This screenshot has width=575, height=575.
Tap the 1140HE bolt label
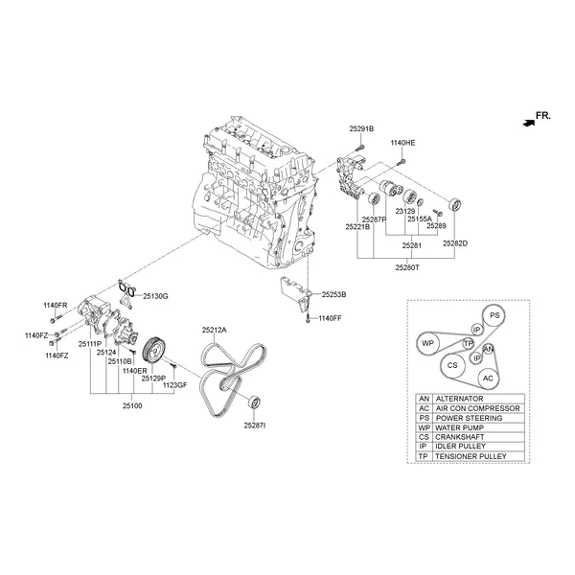pos(402,142)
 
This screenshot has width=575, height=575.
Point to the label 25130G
pos(155,296)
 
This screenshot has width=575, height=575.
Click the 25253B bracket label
pos(333,295)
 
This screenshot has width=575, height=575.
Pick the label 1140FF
pos(330,318)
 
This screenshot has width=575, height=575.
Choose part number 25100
pos(132,406)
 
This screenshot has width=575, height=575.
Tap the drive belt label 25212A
pos(214,330)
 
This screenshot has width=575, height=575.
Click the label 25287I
pos(255,424)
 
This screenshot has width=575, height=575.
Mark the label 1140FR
pos(56,305)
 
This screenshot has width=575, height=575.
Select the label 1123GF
pos(174,384)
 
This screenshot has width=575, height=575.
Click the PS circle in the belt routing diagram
pos(494,315)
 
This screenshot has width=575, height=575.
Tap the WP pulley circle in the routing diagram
pos(427,342)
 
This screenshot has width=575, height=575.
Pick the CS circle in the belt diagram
pos(450,365)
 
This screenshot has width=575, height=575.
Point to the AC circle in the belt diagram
pos(488,378)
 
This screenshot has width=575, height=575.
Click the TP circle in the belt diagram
pos(469,343)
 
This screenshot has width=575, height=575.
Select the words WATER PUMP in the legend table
pos(463,426)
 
